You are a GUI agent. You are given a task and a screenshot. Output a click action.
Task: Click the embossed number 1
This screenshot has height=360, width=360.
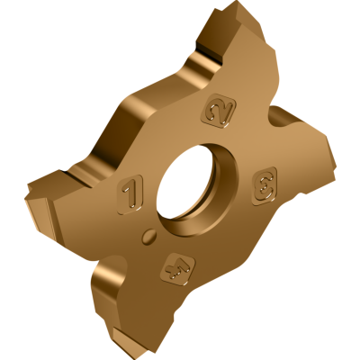click(x=130, y=192)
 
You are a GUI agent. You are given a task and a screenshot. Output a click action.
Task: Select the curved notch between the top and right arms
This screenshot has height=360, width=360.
click(x=270, y=108)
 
